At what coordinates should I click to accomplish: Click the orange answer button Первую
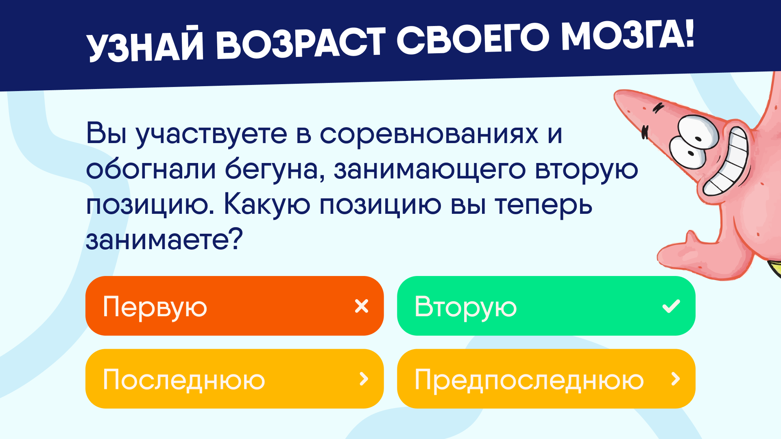(234, 306)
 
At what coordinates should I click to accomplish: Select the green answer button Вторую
(546, 306)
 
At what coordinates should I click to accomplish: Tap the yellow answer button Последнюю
(234, 379)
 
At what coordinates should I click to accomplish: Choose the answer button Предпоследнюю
(546, 379)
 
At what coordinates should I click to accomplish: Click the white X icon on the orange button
(362, 306)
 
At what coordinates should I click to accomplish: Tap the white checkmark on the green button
(671, 306)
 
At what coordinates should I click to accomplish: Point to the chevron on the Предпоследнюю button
(676, 379)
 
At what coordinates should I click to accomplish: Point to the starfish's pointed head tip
(622, 98)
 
